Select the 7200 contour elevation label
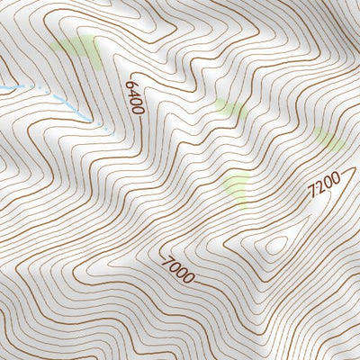[323, 186]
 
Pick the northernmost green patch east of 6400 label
[229, 109]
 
